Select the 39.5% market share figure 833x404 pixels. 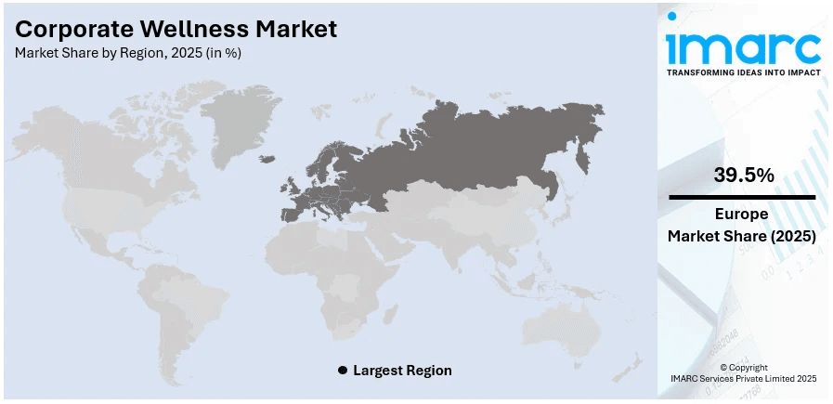pos(743,175)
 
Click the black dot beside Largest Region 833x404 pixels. pos(343,370)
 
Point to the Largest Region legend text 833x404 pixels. pos(403,370)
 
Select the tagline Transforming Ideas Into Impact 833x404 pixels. pos(743,72)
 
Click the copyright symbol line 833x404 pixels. pos(743,368)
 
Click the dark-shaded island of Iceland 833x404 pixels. pos(267,158)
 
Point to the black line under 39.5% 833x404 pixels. pos(742,197)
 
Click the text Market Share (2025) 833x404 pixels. pos(742,237)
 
